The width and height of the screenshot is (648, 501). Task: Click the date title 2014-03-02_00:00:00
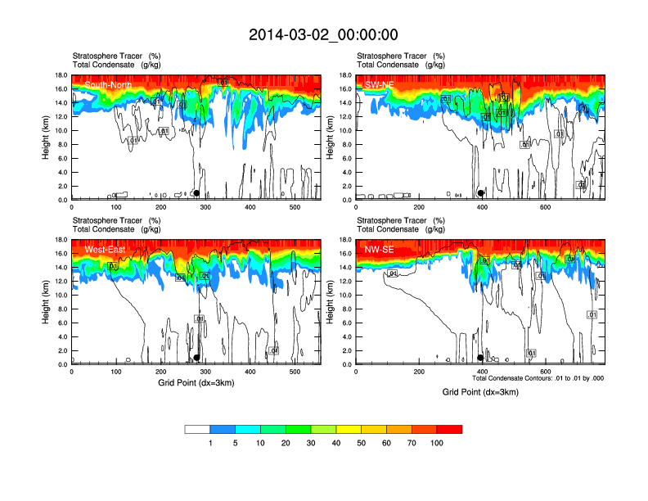tap(323, 34)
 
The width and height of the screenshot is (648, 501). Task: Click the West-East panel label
tap(105, 249)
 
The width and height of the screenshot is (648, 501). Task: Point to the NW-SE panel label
tap(380, 249)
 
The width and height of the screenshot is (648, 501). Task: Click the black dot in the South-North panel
tap(196, 193)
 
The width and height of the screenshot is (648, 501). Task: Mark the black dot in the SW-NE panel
tap(481, 193)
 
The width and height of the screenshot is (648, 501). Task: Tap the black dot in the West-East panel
tap(196, 358)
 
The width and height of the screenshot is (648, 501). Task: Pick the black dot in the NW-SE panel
tap(480, 358)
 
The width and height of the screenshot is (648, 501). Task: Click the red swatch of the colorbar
tap(450, 429)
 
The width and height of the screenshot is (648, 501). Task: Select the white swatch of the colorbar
tap(197, 429)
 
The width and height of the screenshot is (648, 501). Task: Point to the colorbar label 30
tap(312, 443)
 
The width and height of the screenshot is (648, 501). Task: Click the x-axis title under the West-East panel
tap(196, 383)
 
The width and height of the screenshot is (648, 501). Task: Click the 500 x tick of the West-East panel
tap(295, 372)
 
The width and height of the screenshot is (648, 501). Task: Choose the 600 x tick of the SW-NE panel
tap(545, 207)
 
